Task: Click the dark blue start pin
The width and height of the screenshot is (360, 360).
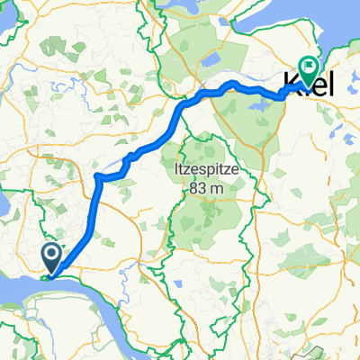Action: (52, 258)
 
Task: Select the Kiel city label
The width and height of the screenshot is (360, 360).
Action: (309, 84)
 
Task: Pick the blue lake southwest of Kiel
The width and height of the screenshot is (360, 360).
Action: (255, 106)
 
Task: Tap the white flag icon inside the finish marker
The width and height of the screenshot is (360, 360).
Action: (310, 65)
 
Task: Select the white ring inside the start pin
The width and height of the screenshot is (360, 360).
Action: (52, 256)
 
